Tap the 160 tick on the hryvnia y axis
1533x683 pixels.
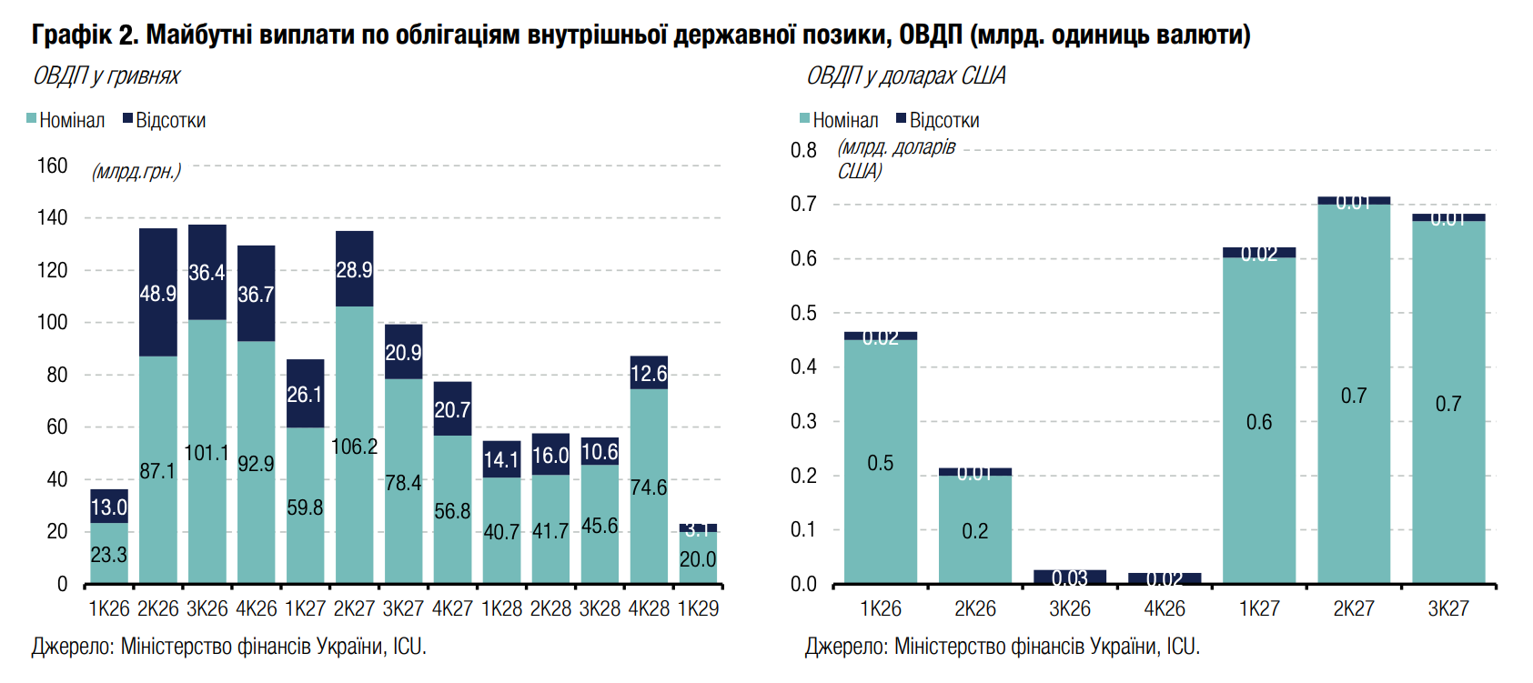pyautogui.click(x=52, y=166)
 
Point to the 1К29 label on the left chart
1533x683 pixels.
pyautogui.click(x=698, y=608)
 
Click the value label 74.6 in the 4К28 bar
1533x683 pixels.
pyautogui.click(x=649, y=487)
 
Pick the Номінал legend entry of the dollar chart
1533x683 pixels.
pyautogui.click(x=839, y=120)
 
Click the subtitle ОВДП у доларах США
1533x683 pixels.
pyautogui.click(x=905, y=75)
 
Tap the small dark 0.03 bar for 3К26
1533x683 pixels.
pyautogui.click(x=1070, y=577)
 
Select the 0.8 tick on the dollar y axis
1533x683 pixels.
pyautogui.click(x=803, y=150)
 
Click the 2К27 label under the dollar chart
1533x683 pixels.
pyautogui.click(x=1354, y=608)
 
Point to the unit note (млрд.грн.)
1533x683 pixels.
pyautogui.click(x=136, y=171)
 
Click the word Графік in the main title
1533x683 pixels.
pyautogui.click(x=71, y=35)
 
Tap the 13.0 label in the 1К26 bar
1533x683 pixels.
pyautogui.click(x=109, y=507)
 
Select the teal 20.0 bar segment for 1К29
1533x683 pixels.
pyautogui.click(x=698, y=557)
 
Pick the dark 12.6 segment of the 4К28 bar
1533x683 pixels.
pyautogui.click(x=649, y=373)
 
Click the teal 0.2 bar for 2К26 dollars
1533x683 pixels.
pyautogui.click(x=974, y=529)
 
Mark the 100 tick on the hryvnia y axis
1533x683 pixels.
pyautogui.click(x=52, y=322)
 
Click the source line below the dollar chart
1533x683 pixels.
pyautogui.click(x=1002, y=647)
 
